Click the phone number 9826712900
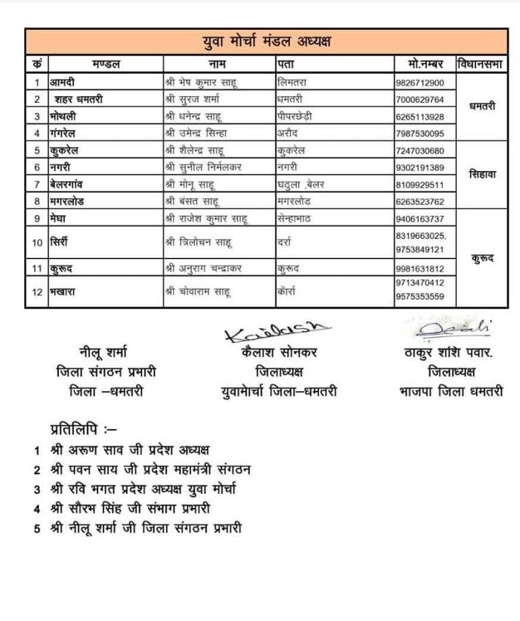420,83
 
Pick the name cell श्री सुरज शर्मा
197,99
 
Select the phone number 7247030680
420,150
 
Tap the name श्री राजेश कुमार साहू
207,218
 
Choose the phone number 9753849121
420,249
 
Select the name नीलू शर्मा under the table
103,352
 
